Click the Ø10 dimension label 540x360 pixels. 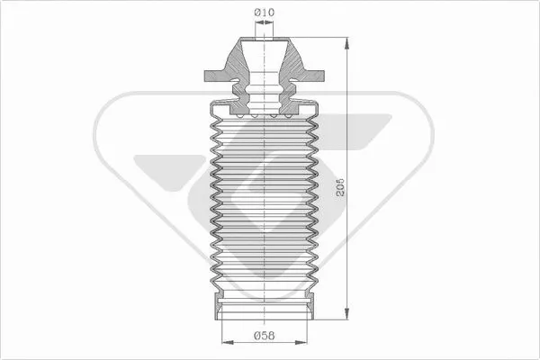(x=264, y=12)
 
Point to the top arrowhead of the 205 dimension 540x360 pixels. (x=346, y=42)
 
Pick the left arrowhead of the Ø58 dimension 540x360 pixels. (x=225, y=342)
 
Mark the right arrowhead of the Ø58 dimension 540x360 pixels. (x=302, y=342)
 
